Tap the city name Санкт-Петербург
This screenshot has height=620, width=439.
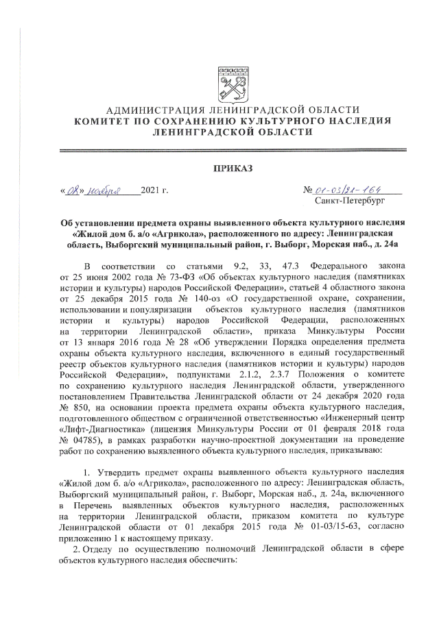tap(348, 201)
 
